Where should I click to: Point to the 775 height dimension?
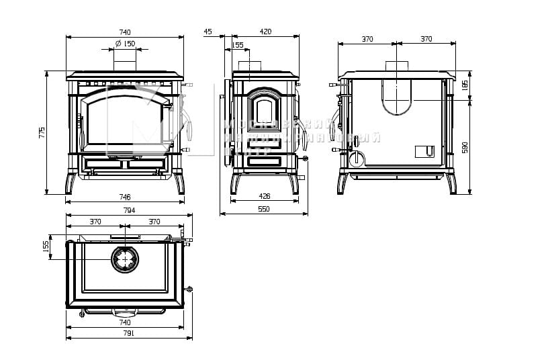[42, 132]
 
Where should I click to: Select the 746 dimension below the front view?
[125, 197]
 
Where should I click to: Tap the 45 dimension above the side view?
[208, 32]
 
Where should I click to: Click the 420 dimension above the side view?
[265, 32]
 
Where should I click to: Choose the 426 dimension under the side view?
[264, 196]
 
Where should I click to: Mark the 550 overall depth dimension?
[263, 210]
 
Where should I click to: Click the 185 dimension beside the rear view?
[465, 85]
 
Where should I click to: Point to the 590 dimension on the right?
[465, 147]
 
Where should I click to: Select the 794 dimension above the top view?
[129, 210]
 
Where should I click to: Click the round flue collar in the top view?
[125, 260]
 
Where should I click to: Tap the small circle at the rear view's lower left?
[356, 159]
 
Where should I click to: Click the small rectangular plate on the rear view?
[424, 150]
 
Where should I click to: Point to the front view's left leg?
[70, 183]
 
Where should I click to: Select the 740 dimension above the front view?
[125, 32]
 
